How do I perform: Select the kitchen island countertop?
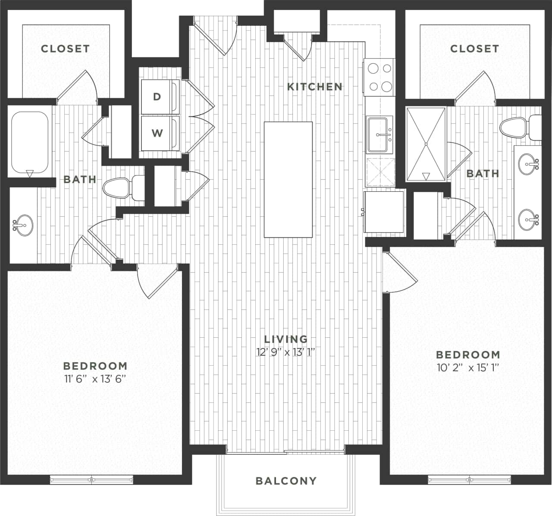click(288, 179)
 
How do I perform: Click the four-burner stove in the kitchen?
click(380, 78)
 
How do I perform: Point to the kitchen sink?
click(379, 134)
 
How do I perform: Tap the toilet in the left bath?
click(122, 188)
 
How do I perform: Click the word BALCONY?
click(286, 481)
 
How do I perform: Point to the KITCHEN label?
click(315, 87)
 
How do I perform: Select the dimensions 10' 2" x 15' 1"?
click(468, 368)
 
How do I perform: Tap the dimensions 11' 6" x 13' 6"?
click(95, 379)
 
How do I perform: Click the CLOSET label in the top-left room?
click(65, 49)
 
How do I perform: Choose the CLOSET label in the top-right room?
click(474, 49)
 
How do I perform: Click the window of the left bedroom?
click(91, 479)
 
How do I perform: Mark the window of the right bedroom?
click(469, 479)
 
